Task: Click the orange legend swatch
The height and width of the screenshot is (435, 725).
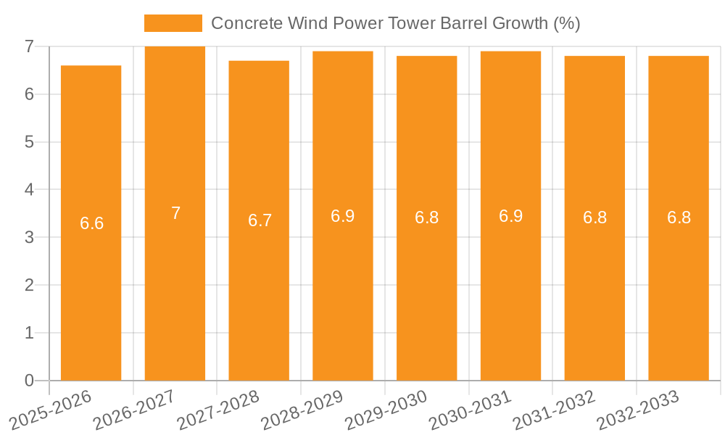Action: tap(173, 23)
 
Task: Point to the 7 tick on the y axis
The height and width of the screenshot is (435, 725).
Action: tap(29, 46)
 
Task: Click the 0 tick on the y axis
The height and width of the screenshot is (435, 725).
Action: tap(29, 381)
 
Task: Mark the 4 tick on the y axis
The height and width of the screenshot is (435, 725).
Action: tap(29, 190)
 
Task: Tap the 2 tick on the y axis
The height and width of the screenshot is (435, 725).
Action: tap(29, 285)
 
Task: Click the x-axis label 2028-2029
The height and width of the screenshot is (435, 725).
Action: tap(302, 410)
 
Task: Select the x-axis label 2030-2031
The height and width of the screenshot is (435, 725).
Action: tap(471, 410)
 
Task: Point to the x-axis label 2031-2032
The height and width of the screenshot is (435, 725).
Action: tap(555, 410)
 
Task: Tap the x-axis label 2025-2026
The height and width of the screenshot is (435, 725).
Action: tap(50, 410)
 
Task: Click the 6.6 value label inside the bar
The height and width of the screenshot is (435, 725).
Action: tap(91, 223)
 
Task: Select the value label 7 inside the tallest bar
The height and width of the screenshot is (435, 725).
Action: tap(175, 213)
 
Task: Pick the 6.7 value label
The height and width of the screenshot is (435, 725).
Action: tap(260, 220)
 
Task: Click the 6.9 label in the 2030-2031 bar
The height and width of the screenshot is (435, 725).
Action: tap(510, 216)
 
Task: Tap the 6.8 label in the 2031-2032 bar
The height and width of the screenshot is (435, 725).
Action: tap(594, 218)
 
